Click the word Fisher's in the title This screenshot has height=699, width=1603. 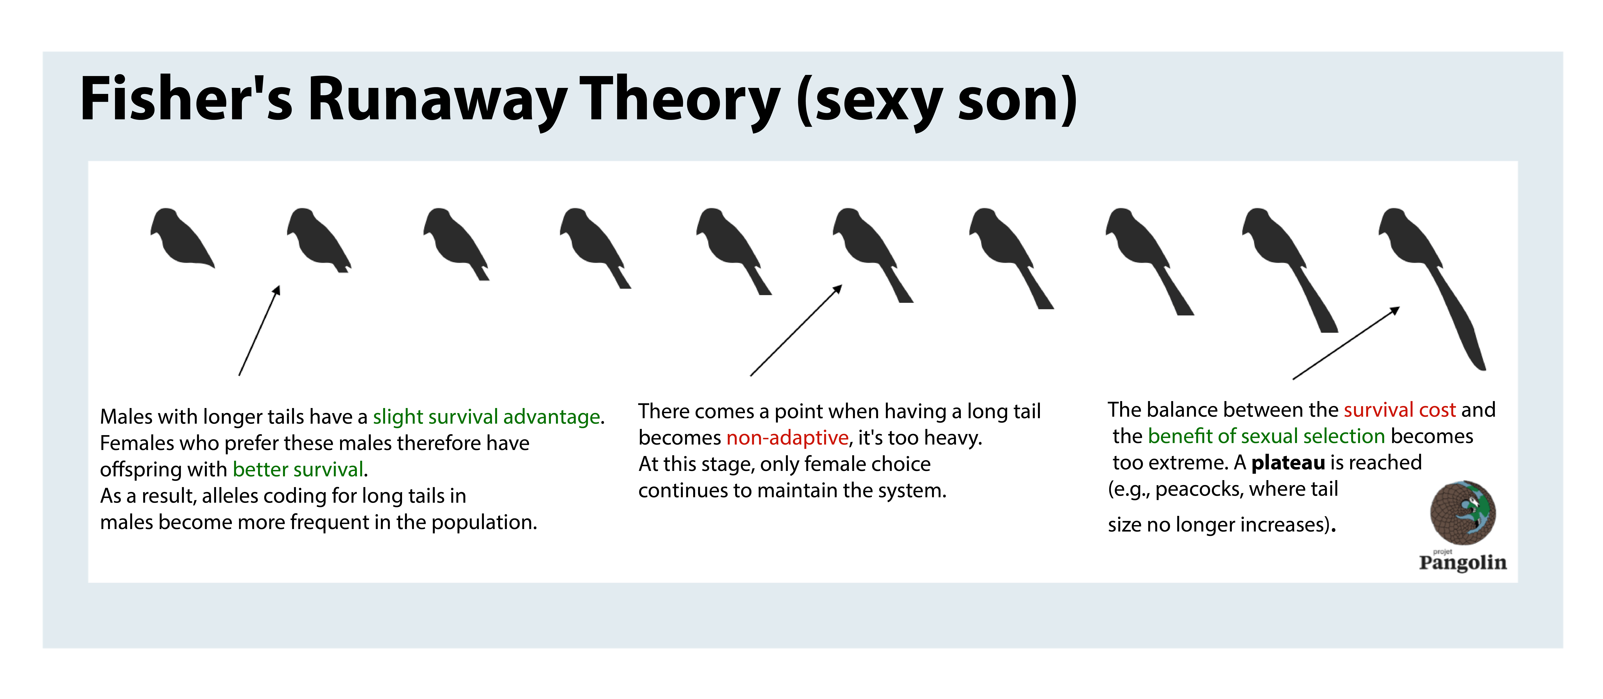pyautogui.click(x=186, y=98)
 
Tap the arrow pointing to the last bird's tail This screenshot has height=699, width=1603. pyautogui.click(x=1346, y=343)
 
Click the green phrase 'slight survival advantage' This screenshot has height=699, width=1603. pyautogui.click(x=487, y=417)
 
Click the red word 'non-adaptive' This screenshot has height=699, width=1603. pyautogui.click(x=787, y=438)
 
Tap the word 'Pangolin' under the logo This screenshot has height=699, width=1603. pyautogui.click(x=1463, y=563)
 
